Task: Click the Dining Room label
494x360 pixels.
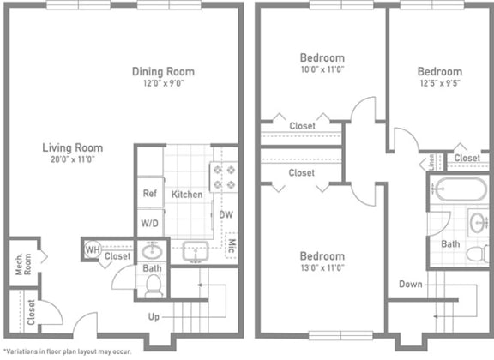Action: coord(162,71)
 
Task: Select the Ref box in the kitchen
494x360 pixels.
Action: coord(148,194)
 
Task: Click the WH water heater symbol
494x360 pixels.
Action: coord(91,249)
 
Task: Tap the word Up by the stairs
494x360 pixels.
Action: coord(154,316)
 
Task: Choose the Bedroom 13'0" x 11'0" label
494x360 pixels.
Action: coord(322,256)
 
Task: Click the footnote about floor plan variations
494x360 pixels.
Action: coord(67,351)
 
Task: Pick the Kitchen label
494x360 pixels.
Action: coord(186,194)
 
